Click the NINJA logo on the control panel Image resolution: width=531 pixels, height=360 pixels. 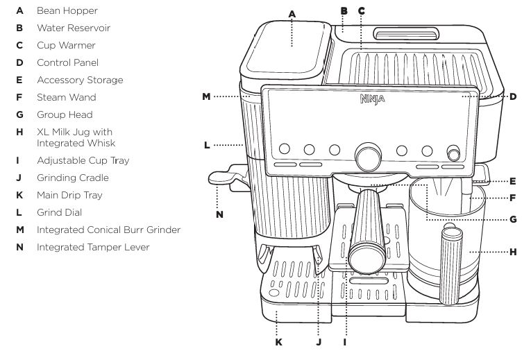pyautogui.click(x=372, y=99)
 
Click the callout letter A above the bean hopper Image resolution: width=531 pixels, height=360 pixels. pyautogui.click(x=292, y=13)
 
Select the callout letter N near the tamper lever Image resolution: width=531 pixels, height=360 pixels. pyautogui.click(x=219, y=214)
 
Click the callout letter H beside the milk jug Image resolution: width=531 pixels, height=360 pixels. pyautogui.click(x=513, y=252)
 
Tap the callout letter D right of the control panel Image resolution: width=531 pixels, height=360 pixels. pyautogui.click(x=513, y=97)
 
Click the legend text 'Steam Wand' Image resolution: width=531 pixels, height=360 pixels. pyautogui.click(x=67, y=97)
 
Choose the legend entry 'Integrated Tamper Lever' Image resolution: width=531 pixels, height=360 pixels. pyautogui.click(x=93, y=247)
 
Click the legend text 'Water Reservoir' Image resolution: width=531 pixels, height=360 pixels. pyautogui.click(x=74, y=28)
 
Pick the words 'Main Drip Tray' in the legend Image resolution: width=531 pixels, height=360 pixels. pyautogui.click(x=69, y=195)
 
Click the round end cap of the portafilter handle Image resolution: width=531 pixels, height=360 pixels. pyautogui.click(x=363, y=258)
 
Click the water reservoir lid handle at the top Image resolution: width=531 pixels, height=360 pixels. pyautogui.click(x=406, y=33)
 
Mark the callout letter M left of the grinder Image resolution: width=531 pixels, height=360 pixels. pyautogui.click(x=206, y=97)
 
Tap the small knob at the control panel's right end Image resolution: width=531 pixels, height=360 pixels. pyautogui.click(x=454, y=153)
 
